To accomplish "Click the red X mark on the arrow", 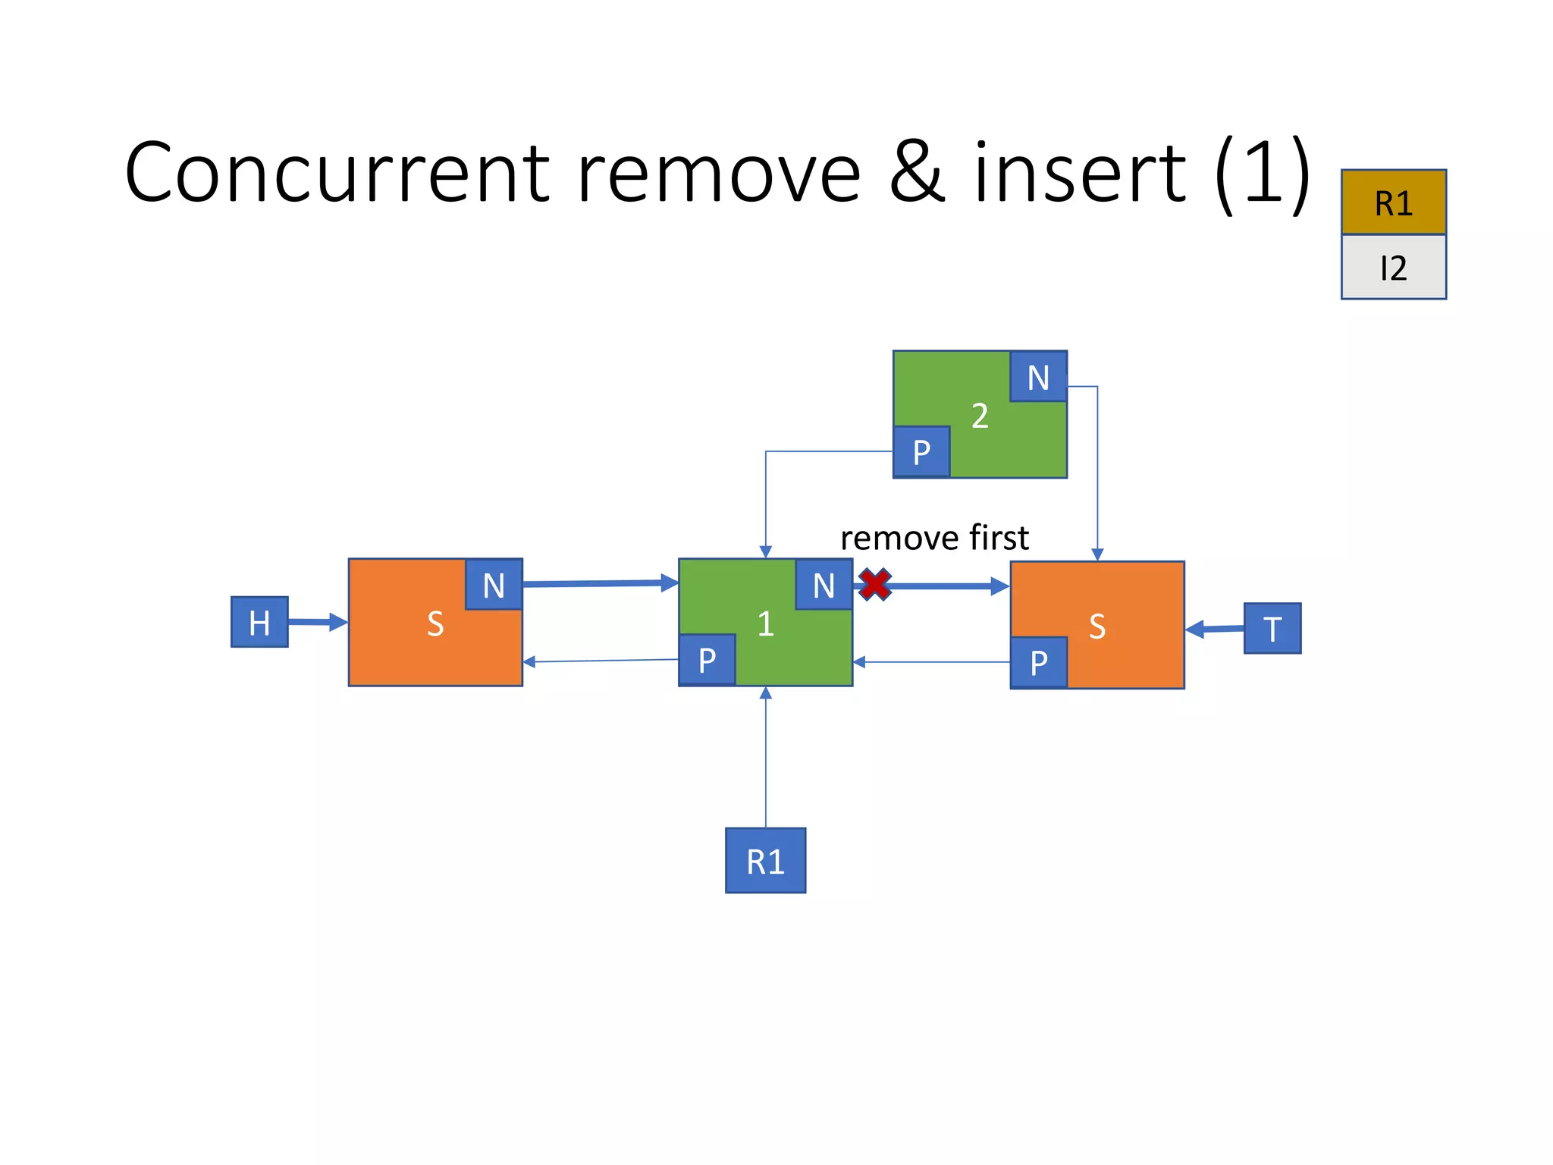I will pyautogui.click(x=875, y=585).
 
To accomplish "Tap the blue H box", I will pyautogui.click(x=259, y=622).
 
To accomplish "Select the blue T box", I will pyautogui.click(x=1272, y=628).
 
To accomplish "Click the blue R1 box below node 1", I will pyautogui.click(x=765, y=861).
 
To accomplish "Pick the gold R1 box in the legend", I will pyautogui.click(x=1393, y=203).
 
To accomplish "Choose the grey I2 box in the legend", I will pyautogui.click(x=1393, y=268).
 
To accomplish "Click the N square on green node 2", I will pyautogui.click(x=1038, y=377).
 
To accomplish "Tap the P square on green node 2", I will pyautogui.click(x=921, y=452).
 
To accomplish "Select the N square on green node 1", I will pyautogui.click(x=824, y=585).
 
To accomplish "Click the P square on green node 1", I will pyautogui.click(x=707, y=660).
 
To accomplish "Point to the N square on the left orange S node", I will pyautogui.click(x=494, y=585).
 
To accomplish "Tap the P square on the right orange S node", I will pyautogui.click(x=1039, y=662).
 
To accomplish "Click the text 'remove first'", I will pyautogui.click(x=934, y=538).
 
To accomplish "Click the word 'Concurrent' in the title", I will pyautogui.click(x=337, y=172).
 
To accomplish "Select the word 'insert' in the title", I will pyautogui.click(x=1080, y=172).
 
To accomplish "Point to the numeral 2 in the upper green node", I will pyautogui.click(x=980, y=416).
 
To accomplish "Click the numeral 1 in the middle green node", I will pyautogui.click(x=765, y=623).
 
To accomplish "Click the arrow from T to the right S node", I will pyautogui.click(x=1214, y=629).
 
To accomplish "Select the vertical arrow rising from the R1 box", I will pyautogui.click(x=765, y=758).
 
